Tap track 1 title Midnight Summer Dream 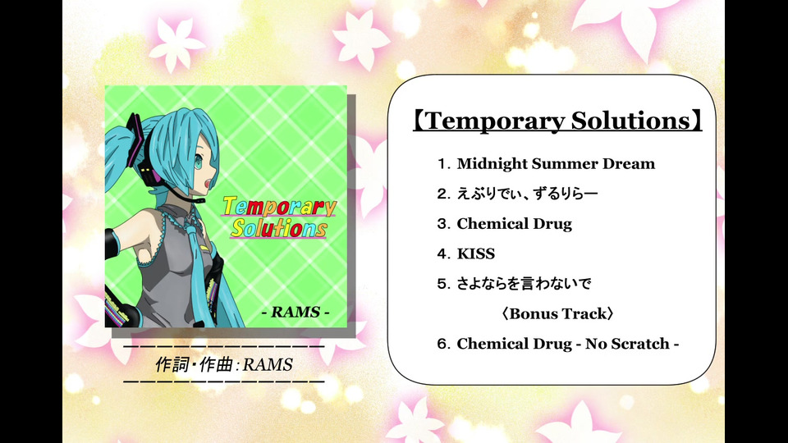[556, 164]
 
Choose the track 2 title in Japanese [527, 194]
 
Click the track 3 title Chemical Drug [514, 224]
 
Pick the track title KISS [475, 253]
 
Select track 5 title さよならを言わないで [524, 284]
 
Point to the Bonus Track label [558, 314]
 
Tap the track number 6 [442, 344]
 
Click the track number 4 [442, 253]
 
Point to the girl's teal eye [198, 162]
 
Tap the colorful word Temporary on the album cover [279, 206]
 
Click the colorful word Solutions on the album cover [279, 229]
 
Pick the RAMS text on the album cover [295, 312]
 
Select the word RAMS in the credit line [268, 364]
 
